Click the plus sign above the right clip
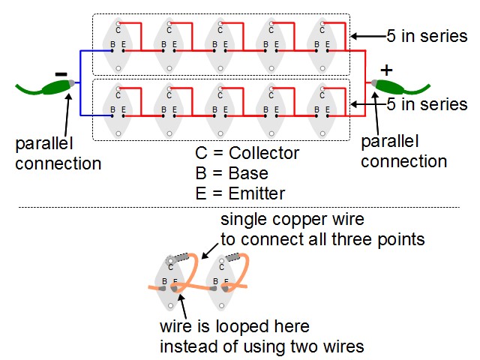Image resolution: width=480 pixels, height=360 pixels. pos(386,70)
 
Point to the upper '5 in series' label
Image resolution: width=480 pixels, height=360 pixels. pos(427,36)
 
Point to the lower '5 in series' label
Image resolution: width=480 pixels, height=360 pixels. pos(427,104)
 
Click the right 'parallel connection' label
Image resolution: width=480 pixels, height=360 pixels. pos(404,151)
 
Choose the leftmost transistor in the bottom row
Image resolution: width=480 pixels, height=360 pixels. pos(118,110)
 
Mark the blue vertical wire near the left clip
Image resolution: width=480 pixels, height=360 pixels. pos(80,83)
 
